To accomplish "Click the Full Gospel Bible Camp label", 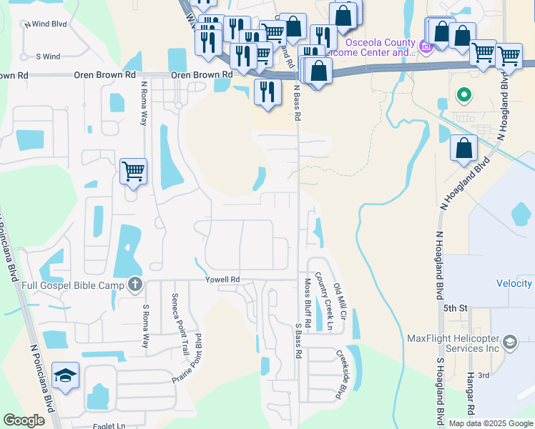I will point(65,285).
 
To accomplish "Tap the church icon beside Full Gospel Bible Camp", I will point(134,285).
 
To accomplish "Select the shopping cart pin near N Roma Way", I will point(133,172).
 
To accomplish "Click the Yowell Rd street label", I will point(222,279).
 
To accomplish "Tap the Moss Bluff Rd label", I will point(308,302).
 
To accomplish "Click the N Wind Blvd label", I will point(45,24).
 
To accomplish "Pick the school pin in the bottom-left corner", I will point(65,377).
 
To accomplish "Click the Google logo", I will point(24,420).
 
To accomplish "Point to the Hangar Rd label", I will point(472,400).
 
